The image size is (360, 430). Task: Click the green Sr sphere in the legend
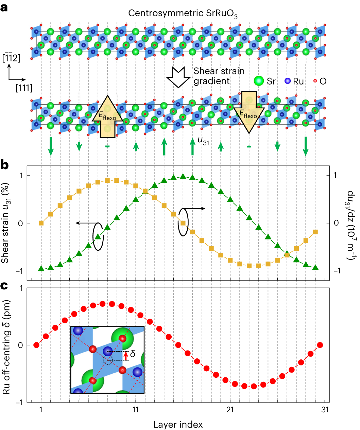(259, 81)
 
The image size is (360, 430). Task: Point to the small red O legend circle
(315, 81)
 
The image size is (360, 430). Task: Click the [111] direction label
(24, 88)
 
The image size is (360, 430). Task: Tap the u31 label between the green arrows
(203, 141)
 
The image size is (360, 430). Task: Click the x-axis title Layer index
(178, 425)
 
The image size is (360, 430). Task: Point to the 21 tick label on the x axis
(230, 410)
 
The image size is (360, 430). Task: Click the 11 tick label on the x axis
(136, 410)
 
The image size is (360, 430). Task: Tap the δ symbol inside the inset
(133, 354)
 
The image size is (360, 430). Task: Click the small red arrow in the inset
(126, 356)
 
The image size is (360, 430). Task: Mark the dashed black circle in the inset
(108, 360)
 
